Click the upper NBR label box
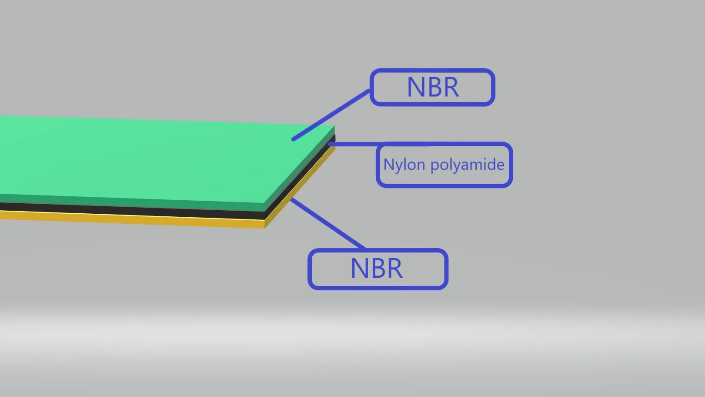pyautogui.click(x=432, y=87)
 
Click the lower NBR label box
pyautogui.click(x=378, y=269)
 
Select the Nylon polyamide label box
pyautogui.click(x=444, y=165)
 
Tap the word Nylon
pyautogui.click(x=404, y=165)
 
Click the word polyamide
pyautogui.click(x=468, y=165)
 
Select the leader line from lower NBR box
pyautogui.click(x=327, y=223)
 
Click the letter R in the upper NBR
pyautogui.click(x=451, y=87)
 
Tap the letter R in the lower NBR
pyautogui.click(x=394, y=269)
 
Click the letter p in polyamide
pyautogui.click(x=434, y=166)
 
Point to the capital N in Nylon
pyautogui.click(x=388, y=165)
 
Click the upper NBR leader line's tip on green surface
pyautogui.click(x=294, y=139)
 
